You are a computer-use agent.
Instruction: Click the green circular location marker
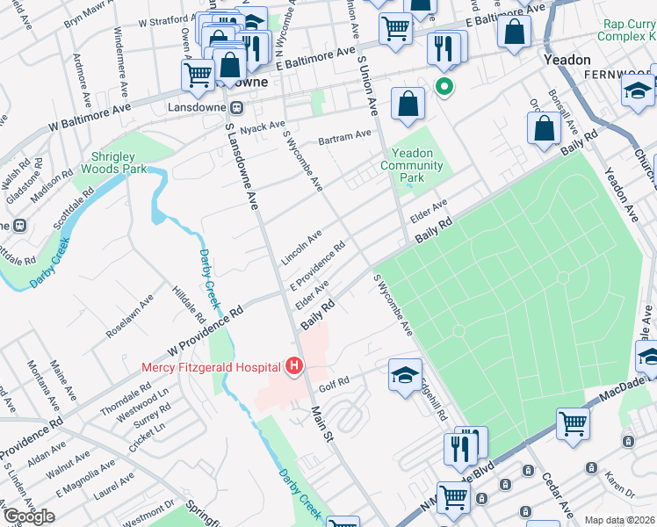(x=444, y=86)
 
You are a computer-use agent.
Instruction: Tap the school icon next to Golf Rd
(x=404, y=375)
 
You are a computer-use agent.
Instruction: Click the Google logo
(x=29, y=516)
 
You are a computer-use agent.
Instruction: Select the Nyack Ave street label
(x=263, y=126)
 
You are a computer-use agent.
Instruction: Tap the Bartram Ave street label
(x=345, y=137)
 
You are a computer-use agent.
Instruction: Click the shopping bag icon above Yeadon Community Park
(x=408, y=104)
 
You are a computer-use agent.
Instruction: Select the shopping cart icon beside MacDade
(x=573, y=423)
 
